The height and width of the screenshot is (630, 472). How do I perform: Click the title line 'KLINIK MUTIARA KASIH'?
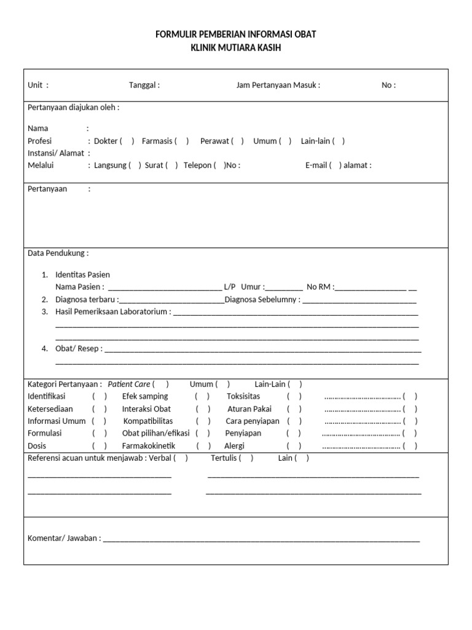click(236, 47)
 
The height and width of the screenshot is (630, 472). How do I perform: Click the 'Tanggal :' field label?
click(144, 86)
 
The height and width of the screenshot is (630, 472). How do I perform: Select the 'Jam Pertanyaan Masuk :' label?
click(278, 86)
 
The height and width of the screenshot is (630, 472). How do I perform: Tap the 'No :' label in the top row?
click(388, 86)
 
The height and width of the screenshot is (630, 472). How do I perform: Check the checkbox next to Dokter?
click(127, 141)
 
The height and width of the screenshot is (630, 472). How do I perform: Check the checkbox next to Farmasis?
click(181, 141)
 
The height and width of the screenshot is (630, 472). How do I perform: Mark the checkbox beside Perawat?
click(237, 141)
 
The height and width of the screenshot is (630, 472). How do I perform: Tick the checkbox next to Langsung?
click(135, 165)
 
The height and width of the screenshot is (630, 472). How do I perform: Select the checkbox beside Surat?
click(171, 165)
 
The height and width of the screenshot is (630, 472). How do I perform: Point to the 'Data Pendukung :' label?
click(58, 253)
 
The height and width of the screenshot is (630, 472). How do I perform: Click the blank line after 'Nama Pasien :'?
click(164, 287)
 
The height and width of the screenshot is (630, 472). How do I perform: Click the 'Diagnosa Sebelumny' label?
click(262, 300)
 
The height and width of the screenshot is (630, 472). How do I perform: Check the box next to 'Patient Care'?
click(161, 385)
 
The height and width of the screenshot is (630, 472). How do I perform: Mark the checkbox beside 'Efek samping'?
click(203, 397)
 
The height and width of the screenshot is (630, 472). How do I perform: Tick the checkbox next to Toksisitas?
click(294, 397)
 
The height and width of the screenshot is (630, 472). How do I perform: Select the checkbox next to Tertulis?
click(246, 458)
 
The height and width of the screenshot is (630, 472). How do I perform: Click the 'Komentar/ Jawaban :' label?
click(64, 538)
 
